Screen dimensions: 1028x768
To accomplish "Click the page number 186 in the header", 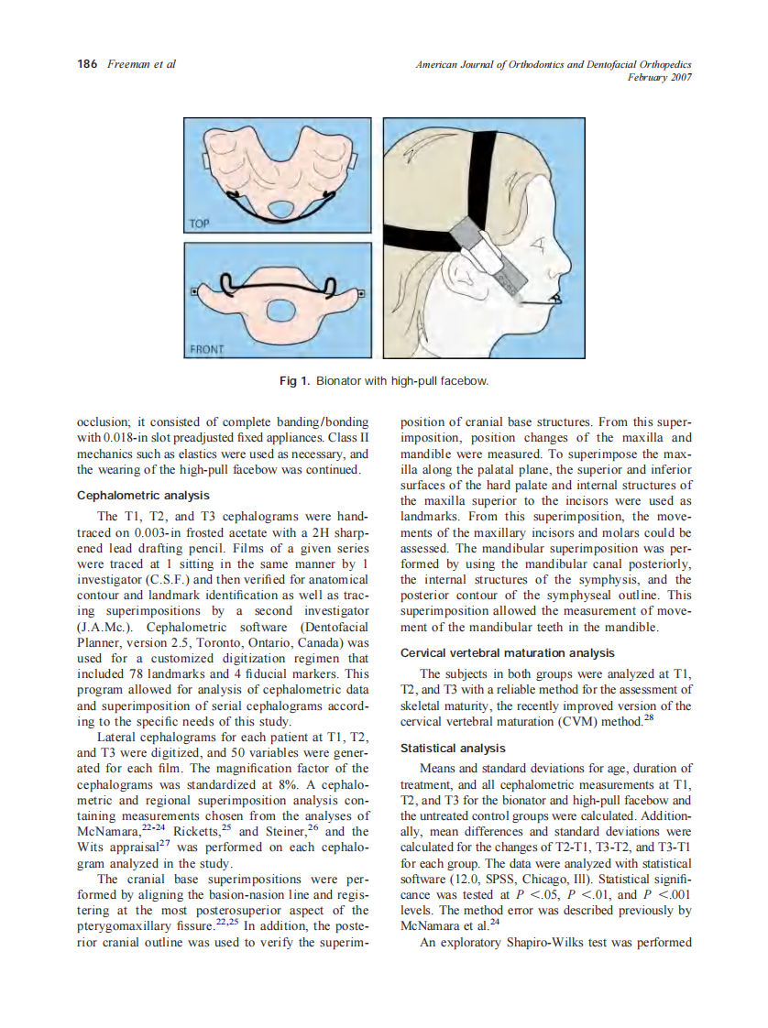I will click(x=88, y=64).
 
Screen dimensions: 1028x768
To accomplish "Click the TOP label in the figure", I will click(x=200, y=223).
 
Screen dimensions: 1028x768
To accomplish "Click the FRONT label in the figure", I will click(x=207, y=348).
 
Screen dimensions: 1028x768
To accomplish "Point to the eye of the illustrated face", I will click(x=537, y=245).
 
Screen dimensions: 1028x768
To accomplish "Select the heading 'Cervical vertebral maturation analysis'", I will click(x=508, y=653).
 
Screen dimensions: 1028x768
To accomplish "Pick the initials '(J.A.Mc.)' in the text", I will click(x=109, y=627).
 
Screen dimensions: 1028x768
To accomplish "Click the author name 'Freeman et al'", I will click(x=141, y=64).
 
